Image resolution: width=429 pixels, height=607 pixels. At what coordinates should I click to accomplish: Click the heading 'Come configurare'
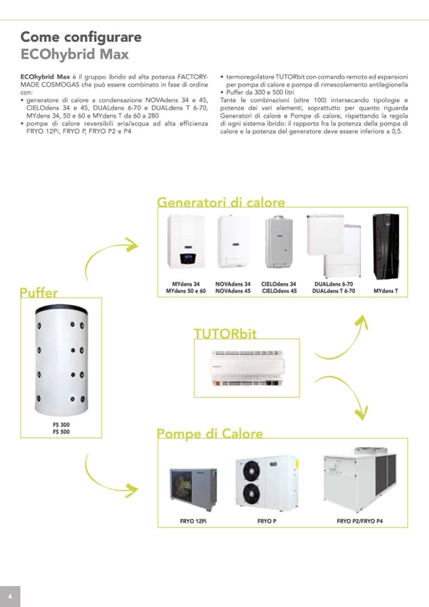pyautogui.click(x=81, y=37)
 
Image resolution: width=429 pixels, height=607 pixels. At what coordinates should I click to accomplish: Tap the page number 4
pyautogui.click(x=9, y=596)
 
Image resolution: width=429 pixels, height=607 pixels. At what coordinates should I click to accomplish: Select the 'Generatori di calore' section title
pyautogui.click(x=221, y=202)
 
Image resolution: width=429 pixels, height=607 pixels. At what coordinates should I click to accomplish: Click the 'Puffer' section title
pyautogui.click(x=39, y=292)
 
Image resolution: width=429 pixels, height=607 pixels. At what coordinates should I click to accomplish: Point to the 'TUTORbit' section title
pyautogui.click(x=225, y=334)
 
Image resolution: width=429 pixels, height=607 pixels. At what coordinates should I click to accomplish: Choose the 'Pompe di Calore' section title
pyautogui.click(x=209, y=433)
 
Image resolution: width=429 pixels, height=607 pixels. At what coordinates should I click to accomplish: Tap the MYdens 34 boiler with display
pyautogui.click(x=186, y=242)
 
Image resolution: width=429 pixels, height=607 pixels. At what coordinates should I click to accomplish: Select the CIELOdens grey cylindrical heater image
pyautogui.click(x=278, y=242)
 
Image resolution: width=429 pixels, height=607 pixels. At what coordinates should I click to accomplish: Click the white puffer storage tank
pyautogui.click(x=61, y=360)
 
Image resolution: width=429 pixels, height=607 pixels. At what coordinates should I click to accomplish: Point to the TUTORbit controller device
pyautogui.click(x=247, y=368)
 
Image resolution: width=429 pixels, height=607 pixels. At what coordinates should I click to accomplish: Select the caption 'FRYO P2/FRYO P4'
pyautogui.click(x=360, y=521)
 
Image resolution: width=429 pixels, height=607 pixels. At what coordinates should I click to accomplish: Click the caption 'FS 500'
pyautogui.click(x=61, y=432)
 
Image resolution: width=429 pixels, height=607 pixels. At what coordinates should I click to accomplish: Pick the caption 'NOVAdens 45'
pyautogui.click(x=233, y=291)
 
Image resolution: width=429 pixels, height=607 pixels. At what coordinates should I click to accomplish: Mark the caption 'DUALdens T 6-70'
pyautogui.click(x=333, y=291)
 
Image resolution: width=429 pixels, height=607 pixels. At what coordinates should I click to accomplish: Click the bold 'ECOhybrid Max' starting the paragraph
pyautogui.click(x=46, y=77)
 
